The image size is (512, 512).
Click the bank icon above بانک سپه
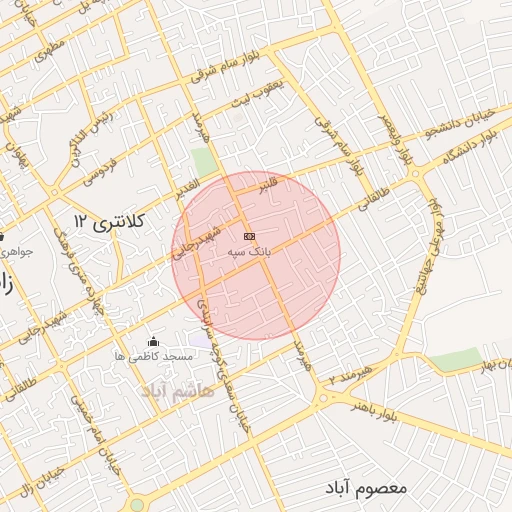pos(249,236)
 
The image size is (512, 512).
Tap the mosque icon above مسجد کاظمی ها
pos(152,341)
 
